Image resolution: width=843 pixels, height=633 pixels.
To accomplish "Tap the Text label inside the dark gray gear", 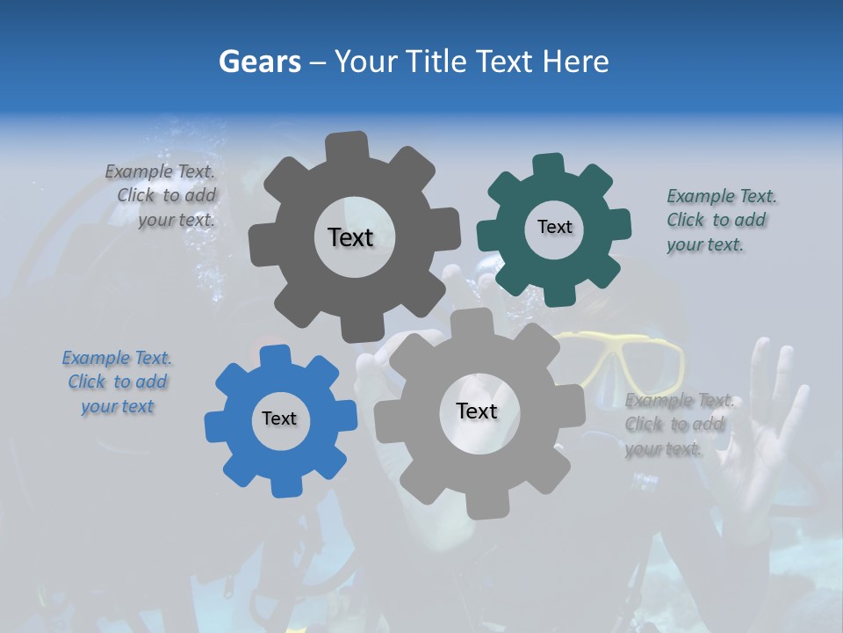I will click(x=350, y=237).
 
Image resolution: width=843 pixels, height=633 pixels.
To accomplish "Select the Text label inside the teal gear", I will click(x=554, y=227).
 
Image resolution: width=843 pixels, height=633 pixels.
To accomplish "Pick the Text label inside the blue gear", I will click(x=279, y=418).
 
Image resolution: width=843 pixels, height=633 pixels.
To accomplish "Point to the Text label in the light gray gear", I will click(x=477, y=411).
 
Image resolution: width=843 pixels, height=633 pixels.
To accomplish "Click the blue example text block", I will click(x=117, y=382).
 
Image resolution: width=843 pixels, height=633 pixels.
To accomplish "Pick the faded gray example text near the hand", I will click(x=676, y=425).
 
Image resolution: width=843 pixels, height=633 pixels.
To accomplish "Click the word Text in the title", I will click(x=504, y=62).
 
